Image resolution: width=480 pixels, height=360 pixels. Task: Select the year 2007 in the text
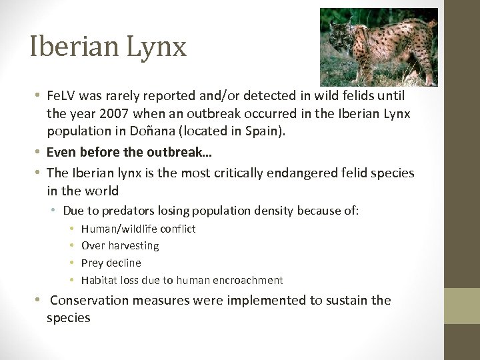(x=110, y=114)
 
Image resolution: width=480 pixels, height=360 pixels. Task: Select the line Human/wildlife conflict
(x=138, y=229)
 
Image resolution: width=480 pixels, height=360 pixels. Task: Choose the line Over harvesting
(x=120, y=245)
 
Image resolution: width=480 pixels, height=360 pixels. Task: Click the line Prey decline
(x=111, y=263)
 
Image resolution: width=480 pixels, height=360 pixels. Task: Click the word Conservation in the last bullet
(x=89, y=301)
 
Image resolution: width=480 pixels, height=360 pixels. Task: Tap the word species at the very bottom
(x=68, y=317)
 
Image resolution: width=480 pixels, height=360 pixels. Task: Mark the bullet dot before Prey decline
(x=71, y=263)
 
